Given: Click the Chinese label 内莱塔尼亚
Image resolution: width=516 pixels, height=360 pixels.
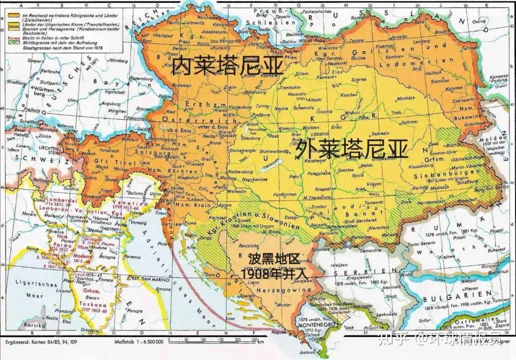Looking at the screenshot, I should (227, 66).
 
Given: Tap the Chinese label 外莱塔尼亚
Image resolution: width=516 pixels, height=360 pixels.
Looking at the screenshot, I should (352, 149).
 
